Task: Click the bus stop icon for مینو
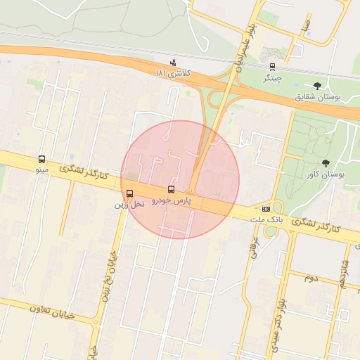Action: [41, 160]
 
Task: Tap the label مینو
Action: [41, 170]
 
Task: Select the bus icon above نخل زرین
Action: [129, 194]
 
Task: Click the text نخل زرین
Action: [129, 204]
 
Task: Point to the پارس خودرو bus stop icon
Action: [171, 190]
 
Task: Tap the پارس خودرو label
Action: [172, 201]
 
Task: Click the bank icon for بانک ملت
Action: [266, 209]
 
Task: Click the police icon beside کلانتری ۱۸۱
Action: [174, 63]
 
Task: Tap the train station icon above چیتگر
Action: [272, 67]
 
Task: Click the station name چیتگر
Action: [272, 78]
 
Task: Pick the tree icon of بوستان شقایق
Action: [317, 86]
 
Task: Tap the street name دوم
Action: [311, 279]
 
